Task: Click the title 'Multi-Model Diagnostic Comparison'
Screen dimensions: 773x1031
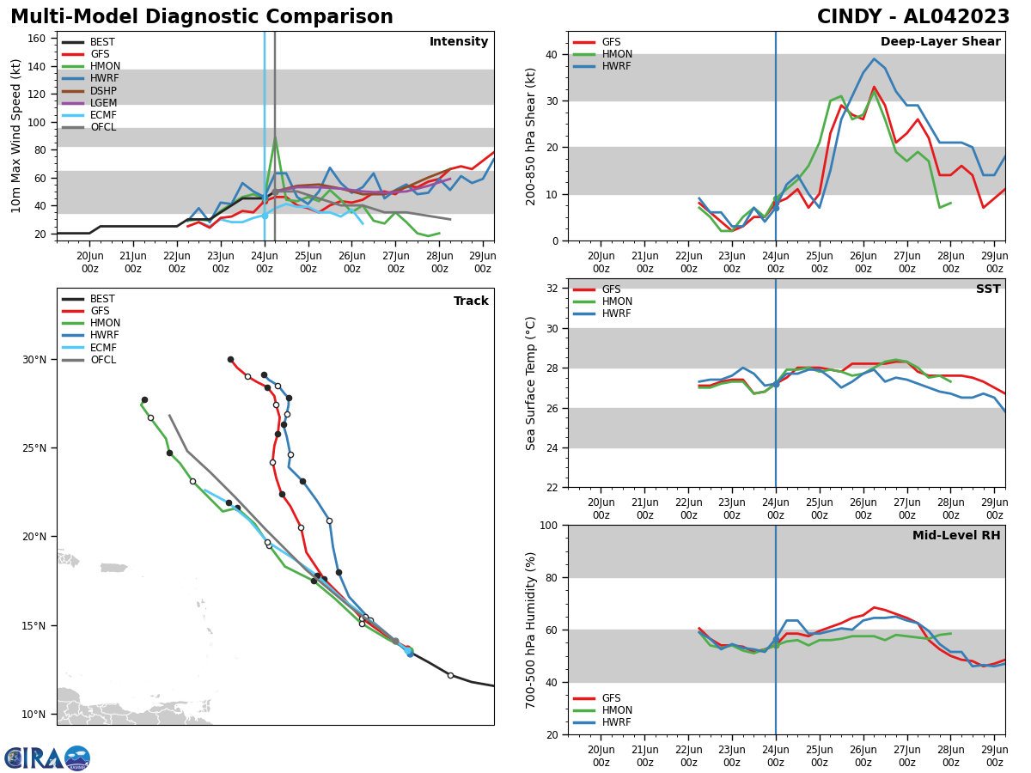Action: click(201, 17)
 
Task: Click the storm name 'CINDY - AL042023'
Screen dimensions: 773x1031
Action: click(913, 17)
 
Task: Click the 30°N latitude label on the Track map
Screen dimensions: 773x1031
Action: click(34, 360)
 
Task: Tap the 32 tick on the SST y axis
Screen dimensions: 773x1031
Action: click(553, 289)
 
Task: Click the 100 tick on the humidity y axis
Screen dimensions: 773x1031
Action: click(550, 525)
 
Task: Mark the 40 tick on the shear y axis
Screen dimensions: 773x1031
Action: click(553, 54)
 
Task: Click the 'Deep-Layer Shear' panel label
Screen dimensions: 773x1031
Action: click(940, 42)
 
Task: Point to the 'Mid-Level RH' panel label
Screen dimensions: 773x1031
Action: click(956, 536)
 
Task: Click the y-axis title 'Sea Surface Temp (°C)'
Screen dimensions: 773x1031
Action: click(532, 383)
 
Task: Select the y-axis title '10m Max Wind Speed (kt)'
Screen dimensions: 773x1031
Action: click(16, 136)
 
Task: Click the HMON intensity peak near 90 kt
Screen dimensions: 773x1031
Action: click(275, 137)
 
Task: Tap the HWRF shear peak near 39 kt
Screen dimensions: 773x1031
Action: click(874, 59)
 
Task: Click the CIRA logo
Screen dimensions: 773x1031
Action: click(47, 758)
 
